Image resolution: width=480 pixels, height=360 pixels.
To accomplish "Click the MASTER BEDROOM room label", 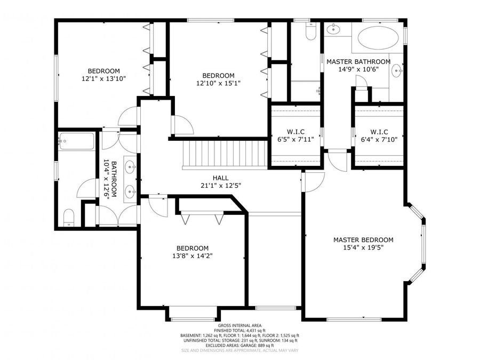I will click(363, 240).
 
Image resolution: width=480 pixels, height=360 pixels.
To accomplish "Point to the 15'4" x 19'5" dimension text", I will click(363, 247).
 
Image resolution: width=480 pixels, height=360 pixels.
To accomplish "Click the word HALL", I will click(220, 178).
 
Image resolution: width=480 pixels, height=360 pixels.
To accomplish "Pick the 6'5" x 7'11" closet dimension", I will click(295, 140).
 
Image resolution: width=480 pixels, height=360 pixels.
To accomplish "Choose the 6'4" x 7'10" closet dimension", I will click(379, 140).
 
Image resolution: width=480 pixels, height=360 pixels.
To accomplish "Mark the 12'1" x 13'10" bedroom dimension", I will click(103, 78).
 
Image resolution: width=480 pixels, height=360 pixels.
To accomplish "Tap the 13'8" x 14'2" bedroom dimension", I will click(193, 255).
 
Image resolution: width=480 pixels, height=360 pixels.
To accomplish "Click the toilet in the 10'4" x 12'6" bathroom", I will click(68, 218).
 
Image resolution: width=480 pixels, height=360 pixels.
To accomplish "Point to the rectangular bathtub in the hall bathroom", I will click(76, 141).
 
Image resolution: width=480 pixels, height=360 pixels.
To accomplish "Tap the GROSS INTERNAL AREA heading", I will click(239, 326).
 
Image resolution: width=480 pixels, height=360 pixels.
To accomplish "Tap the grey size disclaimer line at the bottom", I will click(239, 350).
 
